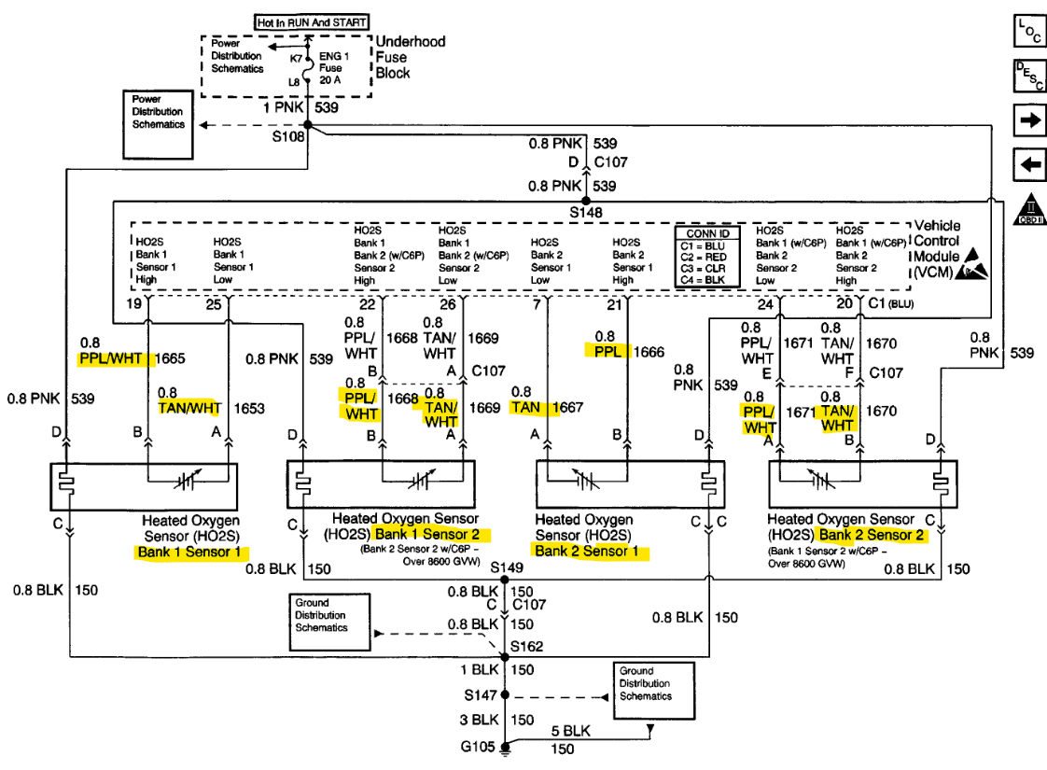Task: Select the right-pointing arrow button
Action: click(x=1029, y=121)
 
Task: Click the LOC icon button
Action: click(x=1029, y=31)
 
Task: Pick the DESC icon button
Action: click(x=1029, y=77)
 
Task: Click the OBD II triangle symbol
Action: click(x=1029, y=211)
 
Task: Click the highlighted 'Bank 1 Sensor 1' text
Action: click(x=192, y=552)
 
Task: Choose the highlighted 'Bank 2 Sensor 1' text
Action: click(x=591, y=552)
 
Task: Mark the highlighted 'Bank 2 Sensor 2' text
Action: click(x=872, y=535)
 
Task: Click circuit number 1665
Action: click(x=172, y=357)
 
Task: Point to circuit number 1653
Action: click(x=249, y=408)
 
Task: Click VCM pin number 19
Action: click(x=135, y=304)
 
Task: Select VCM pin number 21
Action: click(x=613, y=304)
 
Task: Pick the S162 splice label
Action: click(x=525, y=646)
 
